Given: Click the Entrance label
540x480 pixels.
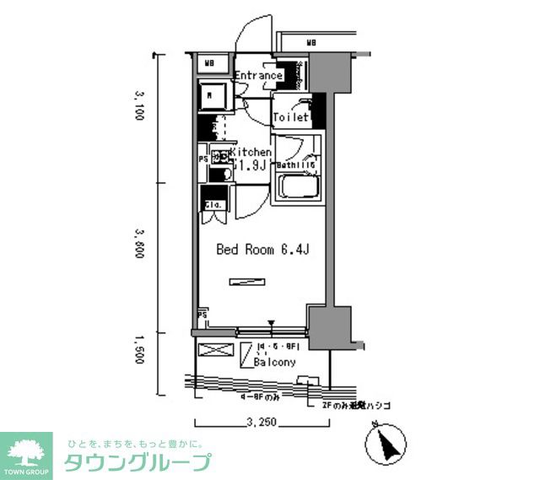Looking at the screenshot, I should point(258,76).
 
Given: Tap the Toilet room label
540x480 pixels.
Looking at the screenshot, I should point(290,119).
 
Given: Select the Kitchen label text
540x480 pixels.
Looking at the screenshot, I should point(250,152).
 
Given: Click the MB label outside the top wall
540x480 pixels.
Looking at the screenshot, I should point(311,42).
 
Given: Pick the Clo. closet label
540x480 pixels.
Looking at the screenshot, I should point(212,205).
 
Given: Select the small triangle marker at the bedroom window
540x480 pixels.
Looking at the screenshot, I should point(272,323).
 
